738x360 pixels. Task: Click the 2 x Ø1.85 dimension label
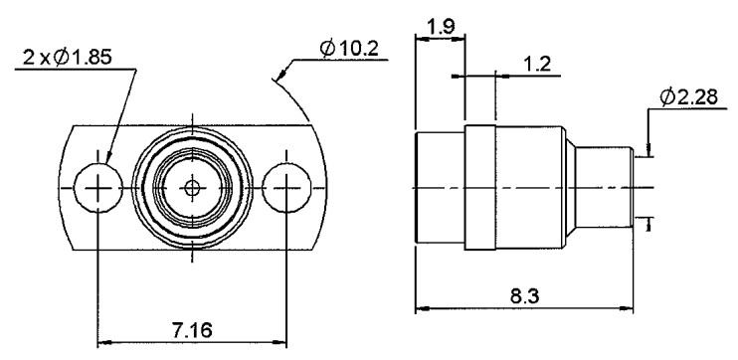click(68, 58)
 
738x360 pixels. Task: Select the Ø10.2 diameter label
click(349, 49)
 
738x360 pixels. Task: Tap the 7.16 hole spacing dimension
click(192, 330)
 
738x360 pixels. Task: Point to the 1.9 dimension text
click(441, 26)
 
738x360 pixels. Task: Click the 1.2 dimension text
click(536, 64)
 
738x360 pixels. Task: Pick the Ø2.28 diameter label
click(688, 97)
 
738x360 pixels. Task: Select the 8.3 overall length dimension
click(525, 296)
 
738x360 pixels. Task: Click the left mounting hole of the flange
click(97, 188)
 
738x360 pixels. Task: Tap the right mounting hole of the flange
click(286, 188)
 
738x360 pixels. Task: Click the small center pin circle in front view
click(192, 188)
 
